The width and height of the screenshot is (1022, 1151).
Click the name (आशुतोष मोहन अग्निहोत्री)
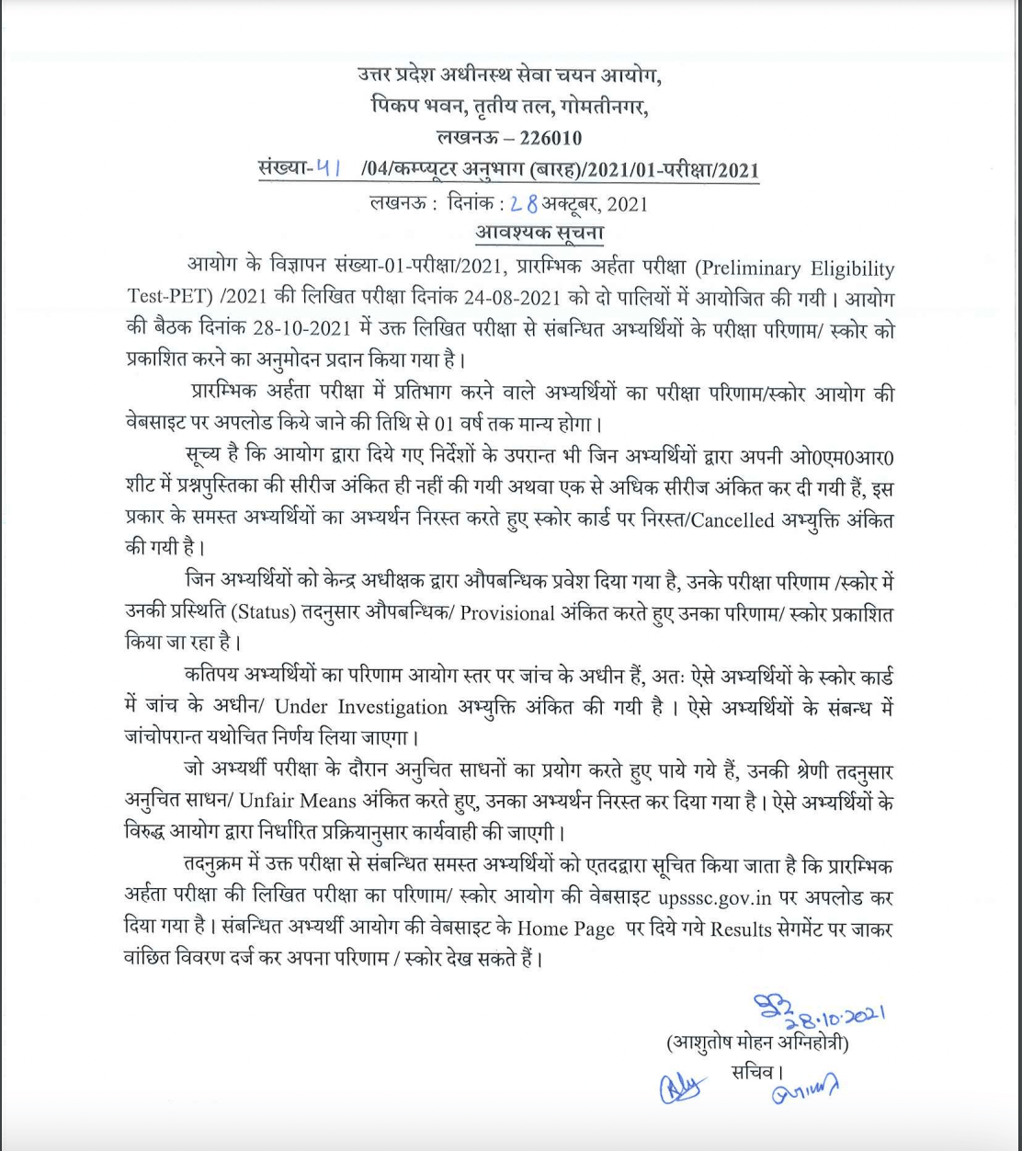[x=756, y=1044]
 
